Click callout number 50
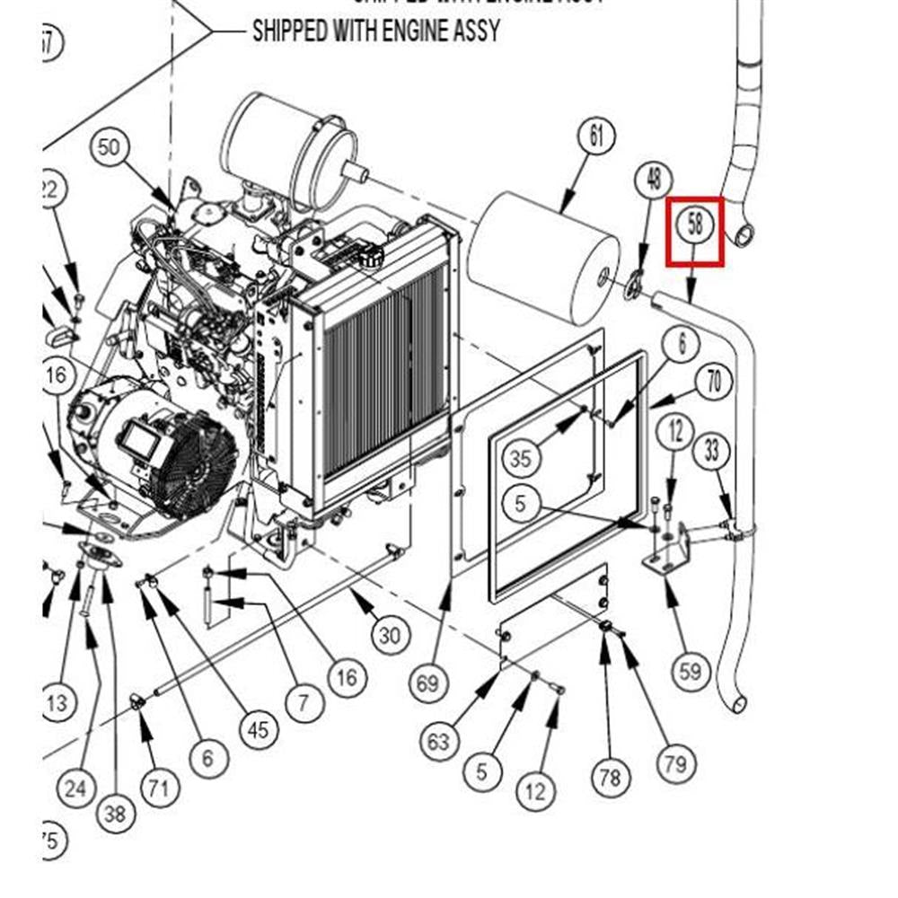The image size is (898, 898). click(x=108, y=146)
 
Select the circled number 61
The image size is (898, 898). click(x=595, y=136)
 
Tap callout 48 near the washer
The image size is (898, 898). click(x=653, y=180)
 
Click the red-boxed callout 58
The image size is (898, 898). click(x=695, y=224)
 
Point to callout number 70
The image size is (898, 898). click(x=713, y=383)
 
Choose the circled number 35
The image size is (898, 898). click(x=521, y=459)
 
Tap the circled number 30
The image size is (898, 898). click(x=388, y=636)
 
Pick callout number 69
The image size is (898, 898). click(x=427, y=684)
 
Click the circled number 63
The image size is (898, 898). click(x=438, y=742)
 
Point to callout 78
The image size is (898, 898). click(x=609, y=777)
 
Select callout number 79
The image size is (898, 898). click(x=675, y=763)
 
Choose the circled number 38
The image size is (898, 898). click(x=115, y=814)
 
